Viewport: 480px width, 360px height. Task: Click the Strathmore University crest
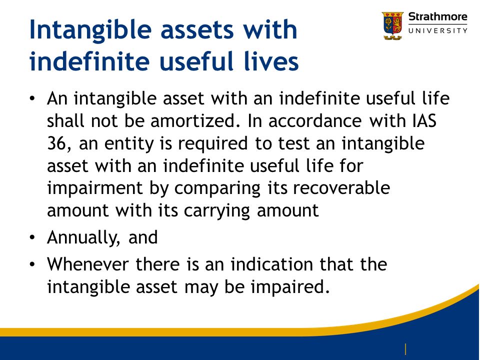click(x=393, y=25)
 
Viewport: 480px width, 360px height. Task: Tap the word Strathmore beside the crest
click(x=438, y=16)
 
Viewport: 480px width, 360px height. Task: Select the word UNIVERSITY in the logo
click(x=438, y=30)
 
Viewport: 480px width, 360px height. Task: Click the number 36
click(x=56, y=143)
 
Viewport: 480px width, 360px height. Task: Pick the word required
click(x=213, y=144)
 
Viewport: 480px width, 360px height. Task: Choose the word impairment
click(x=95, y=188)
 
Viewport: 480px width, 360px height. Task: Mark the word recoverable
click(x=341, y=187)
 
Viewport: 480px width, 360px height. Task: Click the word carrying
click(x=217, y=211)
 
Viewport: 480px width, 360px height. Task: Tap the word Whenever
click(x=87, y=264)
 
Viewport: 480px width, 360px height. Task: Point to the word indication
click(x=271, y=264)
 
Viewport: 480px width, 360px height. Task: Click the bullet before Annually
click(x=32, y=237)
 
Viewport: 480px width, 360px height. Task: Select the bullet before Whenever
click(x=32, y=264)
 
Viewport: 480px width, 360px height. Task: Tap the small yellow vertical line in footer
click(x=405, y=349)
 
